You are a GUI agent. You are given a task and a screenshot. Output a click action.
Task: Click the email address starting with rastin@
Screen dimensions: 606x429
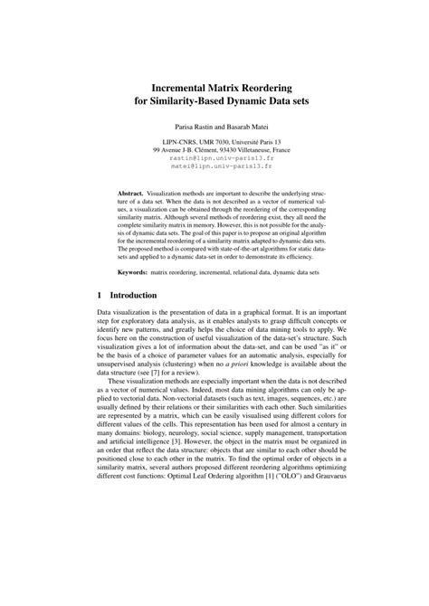tap(214, 156)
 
